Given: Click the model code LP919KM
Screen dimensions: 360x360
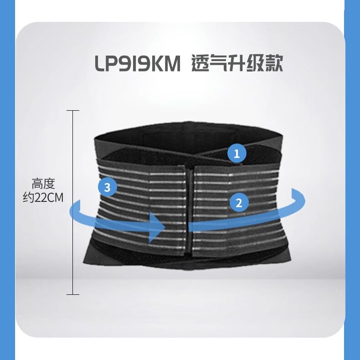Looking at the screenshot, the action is pos(138,64).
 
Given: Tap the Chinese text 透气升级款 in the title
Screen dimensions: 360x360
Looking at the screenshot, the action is pos(237,64).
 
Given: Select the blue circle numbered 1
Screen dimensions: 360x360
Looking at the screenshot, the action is pos(237,154).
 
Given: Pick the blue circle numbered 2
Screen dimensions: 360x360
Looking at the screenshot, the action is pos(239,201).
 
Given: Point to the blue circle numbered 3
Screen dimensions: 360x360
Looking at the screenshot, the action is pos(107,187).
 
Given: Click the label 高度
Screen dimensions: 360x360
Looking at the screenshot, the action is pos(44,185).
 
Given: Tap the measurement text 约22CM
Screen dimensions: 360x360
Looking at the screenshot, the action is pos(44,199).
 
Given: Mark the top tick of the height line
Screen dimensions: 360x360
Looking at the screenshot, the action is pos(73,110).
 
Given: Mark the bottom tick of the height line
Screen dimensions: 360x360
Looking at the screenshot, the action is pos(73,294).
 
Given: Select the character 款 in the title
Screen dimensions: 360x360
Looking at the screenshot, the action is pos(274,64).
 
